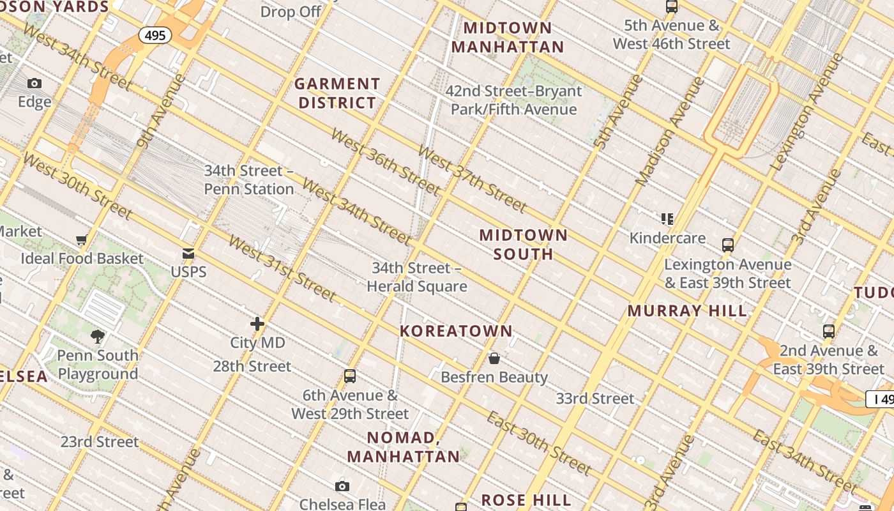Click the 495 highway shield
pos(155,35)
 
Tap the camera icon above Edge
pos(34,83)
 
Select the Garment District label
pos(337,93)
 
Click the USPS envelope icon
pos(188,254)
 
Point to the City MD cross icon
pos(257,324)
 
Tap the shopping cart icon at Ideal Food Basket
pos(81,240)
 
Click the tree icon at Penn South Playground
pos(98,336)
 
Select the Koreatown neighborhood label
pos(456,331)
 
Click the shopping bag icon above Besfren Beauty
pos(494,358)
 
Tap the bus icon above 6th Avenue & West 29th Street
pos(349,376)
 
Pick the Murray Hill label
pos(687,311)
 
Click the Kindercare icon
pos(667,219)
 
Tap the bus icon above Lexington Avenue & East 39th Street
pos(727,245)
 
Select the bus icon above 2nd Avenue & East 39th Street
pos(828,332)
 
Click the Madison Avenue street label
pos(670,131)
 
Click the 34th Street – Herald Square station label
pos(416,277)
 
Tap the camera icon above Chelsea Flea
pos(342,487)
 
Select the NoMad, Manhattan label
pos(404,447)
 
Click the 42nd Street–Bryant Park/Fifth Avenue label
pos(513,100)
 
